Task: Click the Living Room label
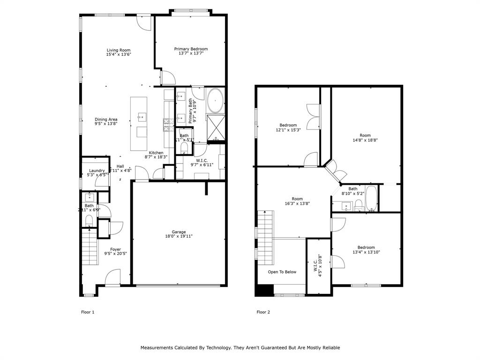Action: pyautogui.click(x=118, y=50)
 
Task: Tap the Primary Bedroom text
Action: pyautogui.click(x=191, y=49)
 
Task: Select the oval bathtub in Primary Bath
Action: pyautogui.click(x=215, y=101)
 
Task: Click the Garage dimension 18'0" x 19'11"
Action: pyautogui.click(x=179, y=236)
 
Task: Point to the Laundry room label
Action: pyautogui.click(x=97, y=171)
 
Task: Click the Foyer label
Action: pyautogui.click(x=115, y=249)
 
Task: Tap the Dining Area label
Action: pyautogui.click(x=106, y=120)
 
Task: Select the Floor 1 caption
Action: pyautogui.click(x=88, y=312)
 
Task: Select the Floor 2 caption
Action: pyautogui.click(x=263, y=312)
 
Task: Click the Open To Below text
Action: pyautogui.click(x=282, y=272)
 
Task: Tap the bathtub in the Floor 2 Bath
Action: pyautogui.click(x=371, y=199)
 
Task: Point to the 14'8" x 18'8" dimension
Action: pyautogui.click(x=365, y=140)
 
